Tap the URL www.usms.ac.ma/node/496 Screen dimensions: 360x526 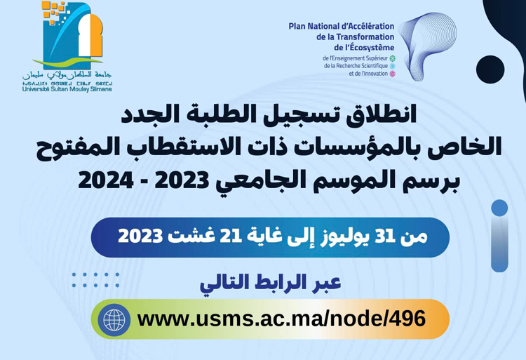[x=281, y=319]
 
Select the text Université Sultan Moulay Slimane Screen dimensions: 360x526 [x=67, y=89]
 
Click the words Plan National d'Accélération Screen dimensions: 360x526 [x=341, y=27]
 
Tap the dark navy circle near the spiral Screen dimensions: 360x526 [x=490, y=69]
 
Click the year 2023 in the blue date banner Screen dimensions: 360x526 [x=141, y=236]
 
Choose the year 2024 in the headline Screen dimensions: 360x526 [x=109, y=180]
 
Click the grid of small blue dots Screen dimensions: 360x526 [x=95, y=280]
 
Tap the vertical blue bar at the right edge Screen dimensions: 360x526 [x=499, y=239]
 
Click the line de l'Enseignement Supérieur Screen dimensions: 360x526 [x=355, y=58]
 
